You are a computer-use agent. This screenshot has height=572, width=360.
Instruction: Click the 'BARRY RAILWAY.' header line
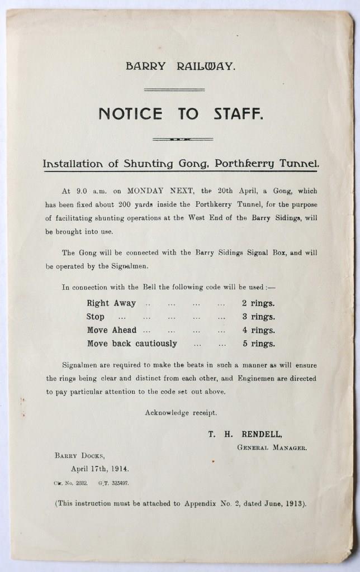click(x=181, y=66)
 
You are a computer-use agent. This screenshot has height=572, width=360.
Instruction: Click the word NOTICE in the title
click(x=131, y=114)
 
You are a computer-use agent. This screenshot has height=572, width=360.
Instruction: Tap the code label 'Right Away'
click(x=111, y=303)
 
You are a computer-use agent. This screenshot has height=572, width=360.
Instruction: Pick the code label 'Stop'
click(x=96, y=317)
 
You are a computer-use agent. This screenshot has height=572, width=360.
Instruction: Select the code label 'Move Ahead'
click(x=112, y=330)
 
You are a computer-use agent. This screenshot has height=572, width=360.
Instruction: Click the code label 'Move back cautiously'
click(x=132, y=344)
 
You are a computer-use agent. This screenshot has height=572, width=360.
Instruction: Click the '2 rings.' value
click(x=258, y=303)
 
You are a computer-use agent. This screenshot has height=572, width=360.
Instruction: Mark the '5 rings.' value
click(x=258, y=344)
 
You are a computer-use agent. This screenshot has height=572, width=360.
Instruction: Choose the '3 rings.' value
click(x=258, y=317)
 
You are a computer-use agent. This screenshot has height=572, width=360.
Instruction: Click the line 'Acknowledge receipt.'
click(x=181, y=413)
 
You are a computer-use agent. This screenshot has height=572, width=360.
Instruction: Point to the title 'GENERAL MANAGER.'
click(x=272, y=447)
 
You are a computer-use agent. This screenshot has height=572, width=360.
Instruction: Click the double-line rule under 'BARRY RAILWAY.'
click(x=174, y=89)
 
